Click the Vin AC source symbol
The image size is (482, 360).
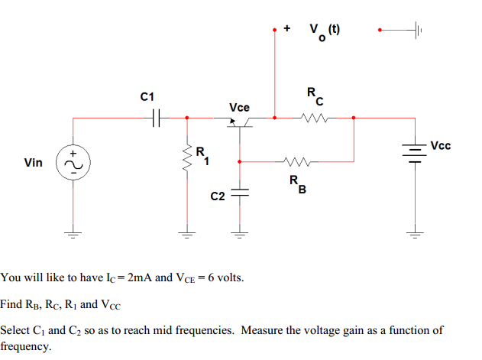73,163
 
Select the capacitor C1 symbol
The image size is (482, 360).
157,118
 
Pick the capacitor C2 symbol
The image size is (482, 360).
239,193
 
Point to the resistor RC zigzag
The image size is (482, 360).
313,118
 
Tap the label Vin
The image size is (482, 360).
34,163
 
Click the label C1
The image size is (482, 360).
147,97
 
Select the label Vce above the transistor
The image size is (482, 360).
239,106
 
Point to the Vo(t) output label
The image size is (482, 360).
325,31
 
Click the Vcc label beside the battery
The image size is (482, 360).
441,145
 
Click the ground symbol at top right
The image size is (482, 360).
416,30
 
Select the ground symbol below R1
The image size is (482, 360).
184,233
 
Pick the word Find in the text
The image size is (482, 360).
11,304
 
